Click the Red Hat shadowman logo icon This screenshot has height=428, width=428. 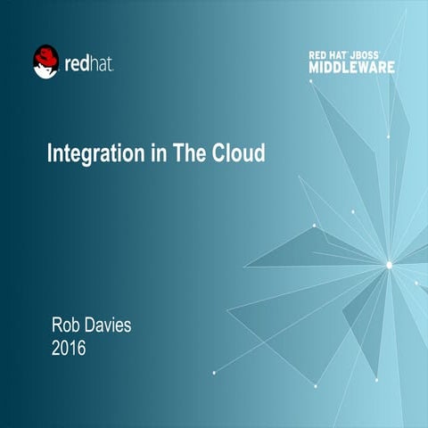[x=45, y=62]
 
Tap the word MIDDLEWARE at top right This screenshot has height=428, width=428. [x=352, y=67]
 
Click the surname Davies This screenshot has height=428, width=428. [x=110, y=325]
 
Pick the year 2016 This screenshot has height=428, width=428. [x=69, y=348]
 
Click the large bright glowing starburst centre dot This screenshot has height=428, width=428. [x=389, y=264]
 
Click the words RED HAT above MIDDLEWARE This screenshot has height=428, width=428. [x=332, y=55]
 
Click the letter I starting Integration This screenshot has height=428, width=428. [x=49, y=153]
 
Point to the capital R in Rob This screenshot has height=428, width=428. [x=57, y=325]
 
